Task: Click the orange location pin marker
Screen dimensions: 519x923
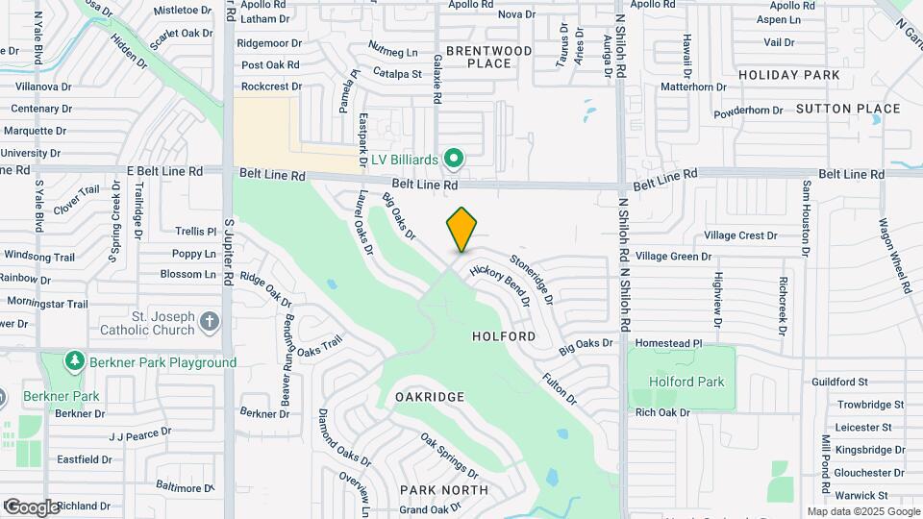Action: tap(461, 231)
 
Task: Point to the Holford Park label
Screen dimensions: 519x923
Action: tap(686, 382)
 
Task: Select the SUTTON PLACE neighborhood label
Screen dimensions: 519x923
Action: tap(848, 109)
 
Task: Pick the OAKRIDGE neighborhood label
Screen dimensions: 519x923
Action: tap(430, 397)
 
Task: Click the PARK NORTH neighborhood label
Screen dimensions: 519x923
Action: tap(444, 490)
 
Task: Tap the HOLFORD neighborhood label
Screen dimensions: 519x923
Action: tap(504, 337)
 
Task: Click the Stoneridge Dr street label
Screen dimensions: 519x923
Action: tap(532, 278)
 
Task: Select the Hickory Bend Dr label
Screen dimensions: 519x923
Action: tap(500, 285)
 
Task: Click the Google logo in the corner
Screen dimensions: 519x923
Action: tap(32, 507)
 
